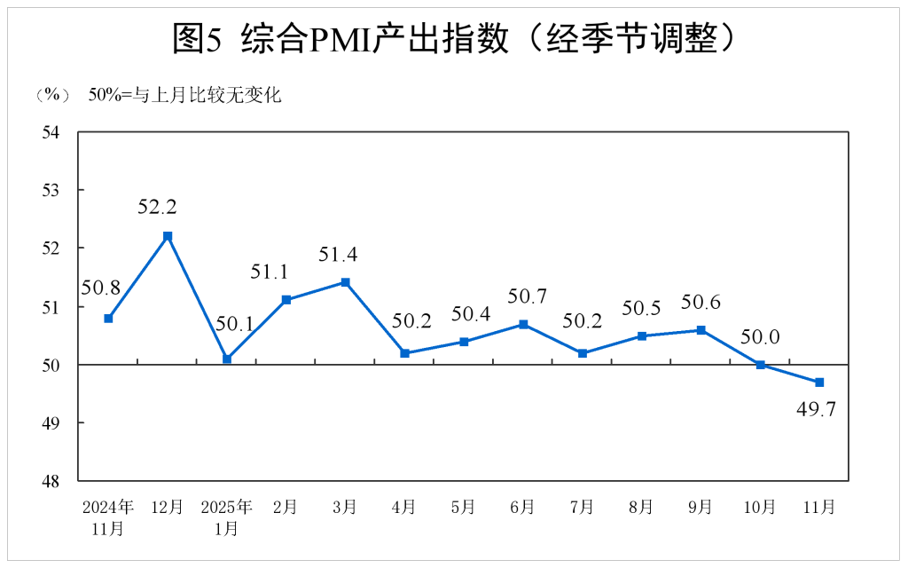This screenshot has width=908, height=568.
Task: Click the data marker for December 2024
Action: (x=168, y=236)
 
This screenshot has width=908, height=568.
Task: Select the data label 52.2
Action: (x=157, y=208)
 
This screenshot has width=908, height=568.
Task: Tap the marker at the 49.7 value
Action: (x=819, y=383)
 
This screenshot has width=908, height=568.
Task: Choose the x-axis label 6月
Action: (x=522, y=508)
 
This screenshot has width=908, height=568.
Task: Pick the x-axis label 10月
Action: (x=759, y=508)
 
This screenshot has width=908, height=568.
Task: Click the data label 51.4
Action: (x=338, y=256)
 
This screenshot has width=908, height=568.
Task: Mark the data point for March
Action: (x=345, y=282)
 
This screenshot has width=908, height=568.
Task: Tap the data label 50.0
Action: (x=760, y=337)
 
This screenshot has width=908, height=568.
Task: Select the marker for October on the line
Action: (x=760, y=365)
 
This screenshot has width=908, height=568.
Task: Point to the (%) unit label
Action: (x=51, y=94)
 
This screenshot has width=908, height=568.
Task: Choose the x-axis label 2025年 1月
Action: (x=227, y=517)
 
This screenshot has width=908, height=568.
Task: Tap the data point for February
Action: (x=286, y=300)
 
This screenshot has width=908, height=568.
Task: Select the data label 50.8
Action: (x=100, y=288)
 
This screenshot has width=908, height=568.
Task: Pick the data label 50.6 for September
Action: (x=701, y=303)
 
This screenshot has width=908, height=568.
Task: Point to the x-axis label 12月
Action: (x=167, y=508)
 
